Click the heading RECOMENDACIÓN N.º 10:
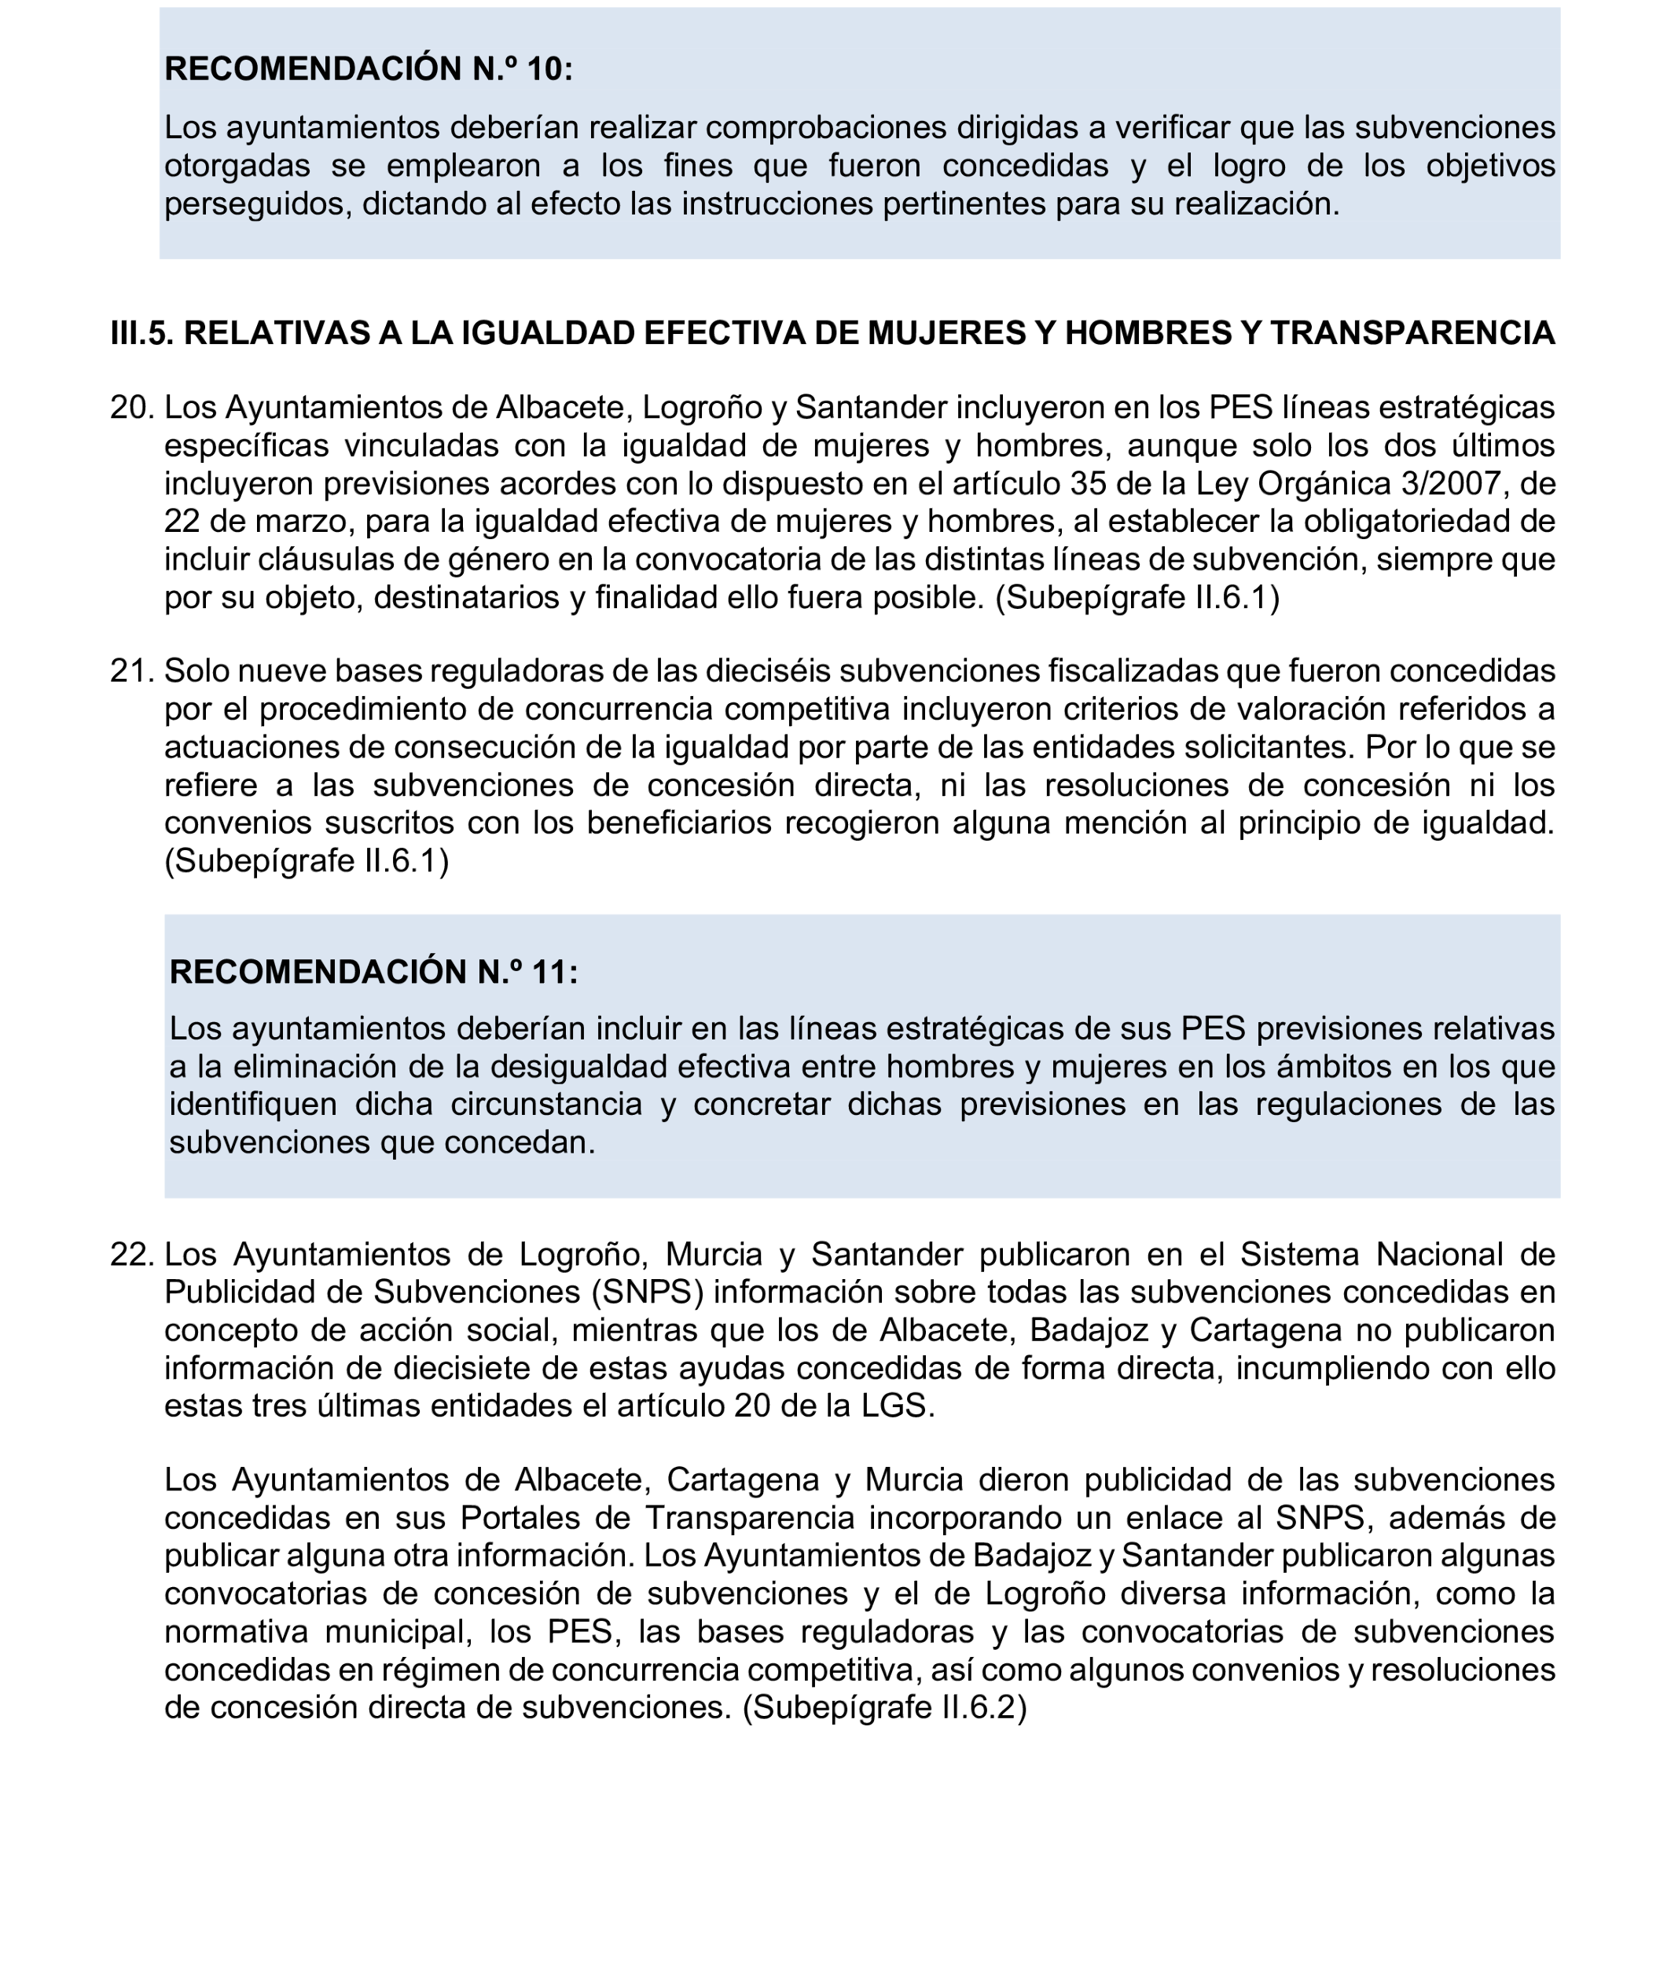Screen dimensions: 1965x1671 point(369,69)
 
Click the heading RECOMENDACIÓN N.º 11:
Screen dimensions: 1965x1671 point(373,973)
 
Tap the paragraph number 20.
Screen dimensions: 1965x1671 point(132,408)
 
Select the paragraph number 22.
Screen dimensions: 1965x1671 point(132,1255)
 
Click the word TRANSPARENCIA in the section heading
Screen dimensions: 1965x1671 point(1412,333)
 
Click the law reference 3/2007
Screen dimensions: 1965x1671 point(1452,484)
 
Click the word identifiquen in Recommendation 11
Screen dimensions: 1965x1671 point(253,1105)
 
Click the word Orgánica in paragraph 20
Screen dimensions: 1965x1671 point(1320,484)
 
